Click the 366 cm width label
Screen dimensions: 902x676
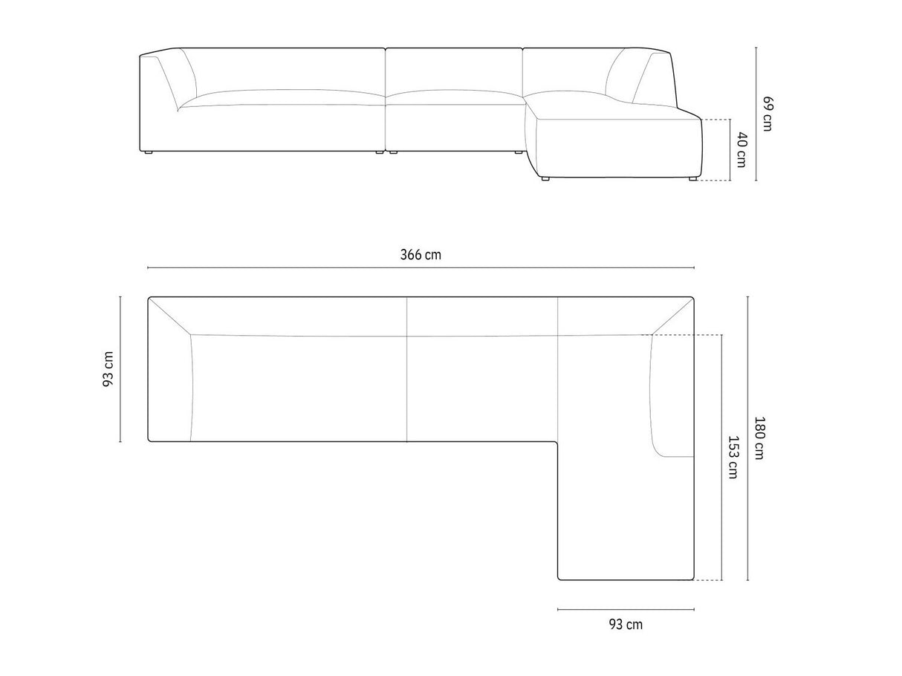coord(421,255)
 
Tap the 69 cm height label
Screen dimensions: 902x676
coord(768,114)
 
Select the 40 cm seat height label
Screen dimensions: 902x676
coord(742,149)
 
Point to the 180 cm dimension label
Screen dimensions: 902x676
coord(759,438)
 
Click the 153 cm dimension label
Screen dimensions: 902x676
coord(733,458)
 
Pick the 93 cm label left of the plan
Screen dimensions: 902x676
coord(108,369)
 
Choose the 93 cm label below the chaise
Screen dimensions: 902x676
coord(626,625)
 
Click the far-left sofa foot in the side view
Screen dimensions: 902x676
coord(148,152)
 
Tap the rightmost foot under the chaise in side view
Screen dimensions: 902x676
coord(692,178)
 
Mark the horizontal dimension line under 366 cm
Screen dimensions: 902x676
coord(421,267)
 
